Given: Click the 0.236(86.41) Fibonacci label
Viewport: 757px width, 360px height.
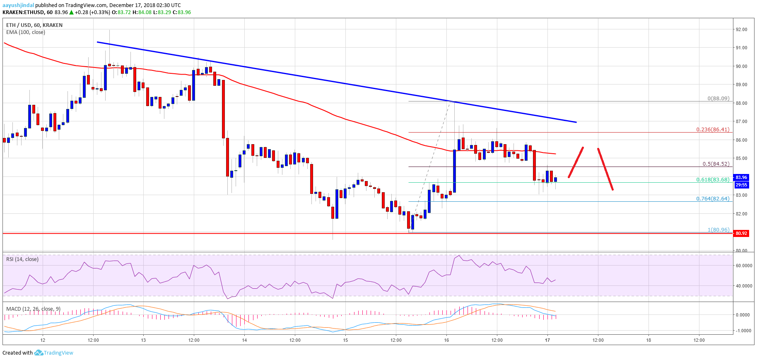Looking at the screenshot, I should (713, 130).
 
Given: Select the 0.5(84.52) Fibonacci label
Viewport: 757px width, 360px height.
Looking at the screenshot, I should (716, 164).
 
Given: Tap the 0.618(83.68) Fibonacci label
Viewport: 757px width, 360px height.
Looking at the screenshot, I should (713, 180).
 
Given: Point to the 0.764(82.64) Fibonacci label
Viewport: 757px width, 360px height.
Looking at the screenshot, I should (713, 199).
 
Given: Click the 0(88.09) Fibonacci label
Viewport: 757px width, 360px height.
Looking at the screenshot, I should (718, 99).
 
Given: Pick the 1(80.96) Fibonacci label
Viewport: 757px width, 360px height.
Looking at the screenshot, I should (718, 230).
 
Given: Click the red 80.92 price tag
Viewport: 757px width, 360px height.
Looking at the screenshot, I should (741, 234).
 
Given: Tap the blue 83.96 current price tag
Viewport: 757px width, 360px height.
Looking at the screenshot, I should (741, 178).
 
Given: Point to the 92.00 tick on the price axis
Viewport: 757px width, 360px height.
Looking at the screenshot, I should (741, 30).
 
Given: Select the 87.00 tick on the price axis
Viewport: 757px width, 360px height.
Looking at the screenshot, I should (741, 122).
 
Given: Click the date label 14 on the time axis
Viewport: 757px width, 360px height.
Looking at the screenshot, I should (244, 341).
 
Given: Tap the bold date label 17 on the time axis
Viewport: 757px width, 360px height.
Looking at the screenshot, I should (547, 341).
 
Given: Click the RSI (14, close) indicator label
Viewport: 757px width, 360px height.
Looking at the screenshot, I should (22, 259).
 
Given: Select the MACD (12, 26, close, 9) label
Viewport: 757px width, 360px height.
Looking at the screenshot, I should (33, 309).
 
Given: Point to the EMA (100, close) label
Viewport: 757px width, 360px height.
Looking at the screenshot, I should (26, 32).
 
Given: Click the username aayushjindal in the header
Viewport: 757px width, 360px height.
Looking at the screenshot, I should (18, 5).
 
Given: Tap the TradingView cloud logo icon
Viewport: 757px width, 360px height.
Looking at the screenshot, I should (39, 353).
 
